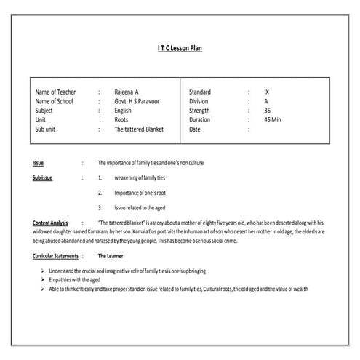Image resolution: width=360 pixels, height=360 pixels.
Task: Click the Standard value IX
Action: coord(267,92)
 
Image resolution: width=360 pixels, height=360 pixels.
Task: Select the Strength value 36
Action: coord(268,111)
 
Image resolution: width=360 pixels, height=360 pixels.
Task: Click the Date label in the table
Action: coord(195,129)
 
